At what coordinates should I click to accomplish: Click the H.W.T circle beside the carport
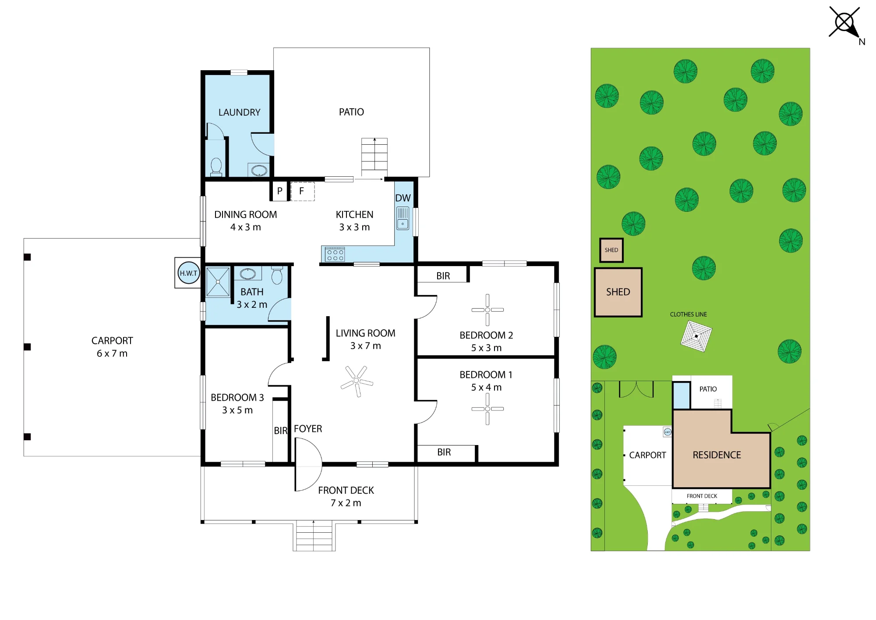(189, 273)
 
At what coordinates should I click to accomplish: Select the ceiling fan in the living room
(357, 381)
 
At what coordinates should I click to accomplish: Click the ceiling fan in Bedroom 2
(487, 310)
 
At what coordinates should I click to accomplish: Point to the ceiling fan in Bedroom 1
(487, 409)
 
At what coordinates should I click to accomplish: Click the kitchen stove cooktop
(335, 254)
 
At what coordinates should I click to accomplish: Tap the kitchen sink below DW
(403, 218)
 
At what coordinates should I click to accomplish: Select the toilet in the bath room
(277, 275)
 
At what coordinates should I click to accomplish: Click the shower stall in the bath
(218, 282)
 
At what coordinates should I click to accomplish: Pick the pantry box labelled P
(279, 191)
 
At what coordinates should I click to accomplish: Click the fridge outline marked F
(302, 191)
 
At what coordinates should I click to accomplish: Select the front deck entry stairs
(314, 535)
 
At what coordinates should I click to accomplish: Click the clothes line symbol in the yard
(696, 336)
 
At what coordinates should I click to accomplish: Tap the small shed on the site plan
(611, 250)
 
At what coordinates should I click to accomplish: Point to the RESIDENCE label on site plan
(717, 455)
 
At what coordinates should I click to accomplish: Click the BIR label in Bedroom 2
(443, 276)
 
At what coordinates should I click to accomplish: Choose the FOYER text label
(308, 428)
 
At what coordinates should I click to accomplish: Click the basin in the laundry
(259, 170)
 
